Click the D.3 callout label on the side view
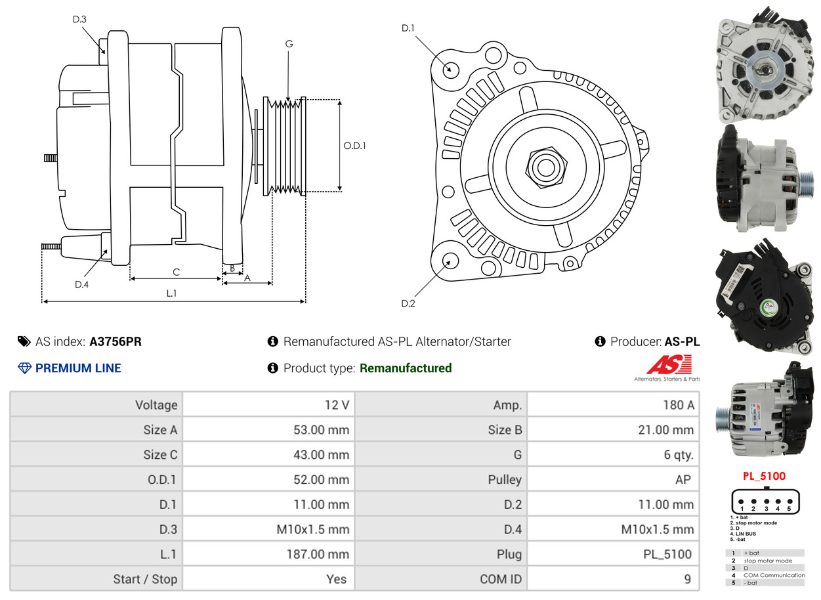79,20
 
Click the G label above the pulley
289,44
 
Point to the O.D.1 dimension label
354,146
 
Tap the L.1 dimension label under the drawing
171,293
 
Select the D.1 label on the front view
408,28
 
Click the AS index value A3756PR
116,341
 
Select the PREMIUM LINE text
78,368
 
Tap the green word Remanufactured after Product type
406,368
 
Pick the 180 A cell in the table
678,405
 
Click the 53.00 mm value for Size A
321,430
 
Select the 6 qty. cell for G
678,455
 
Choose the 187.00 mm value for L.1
318,554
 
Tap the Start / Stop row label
145,579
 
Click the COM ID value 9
687,579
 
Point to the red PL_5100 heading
764,477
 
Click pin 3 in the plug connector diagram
766,502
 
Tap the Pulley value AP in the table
683,480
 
